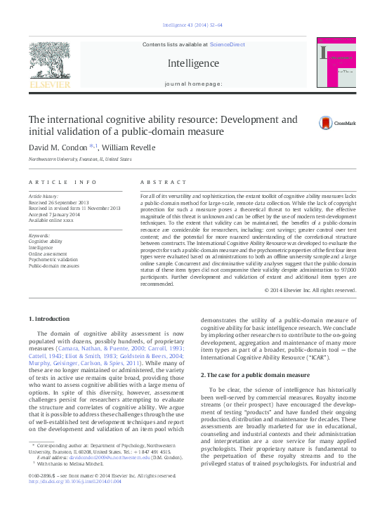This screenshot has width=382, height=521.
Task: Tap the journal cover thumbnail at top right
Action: (x=338, y=66)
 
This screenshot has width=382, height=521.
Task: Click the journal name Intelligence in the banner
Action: (x=193, y=63)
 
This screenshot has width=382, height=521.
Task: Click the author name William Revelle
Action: (x=128, y=147)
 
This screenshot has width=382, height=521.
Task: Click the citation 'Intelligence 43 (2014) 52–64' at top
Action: (x=192, y=25)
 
